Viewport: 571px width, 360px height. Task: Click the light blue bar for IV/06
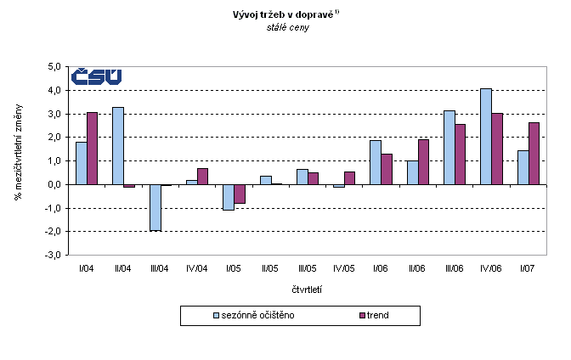[486, 136]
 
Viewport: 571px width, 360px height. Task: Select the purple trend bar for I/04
[92, 149]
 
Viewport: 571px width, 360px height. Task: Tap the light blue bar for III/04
[155, 207]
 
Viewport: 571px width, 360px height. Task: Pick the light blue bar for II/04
[118, 145]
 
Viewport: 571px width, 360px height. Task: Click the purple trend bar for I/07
[534, 153]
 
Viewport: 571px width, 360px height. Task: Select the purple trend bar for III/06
[461, 154]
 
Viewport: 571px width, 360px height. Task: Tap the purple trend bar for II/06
[424, 161]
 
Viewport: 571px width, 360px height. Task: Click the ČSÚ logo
[95, 76]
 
